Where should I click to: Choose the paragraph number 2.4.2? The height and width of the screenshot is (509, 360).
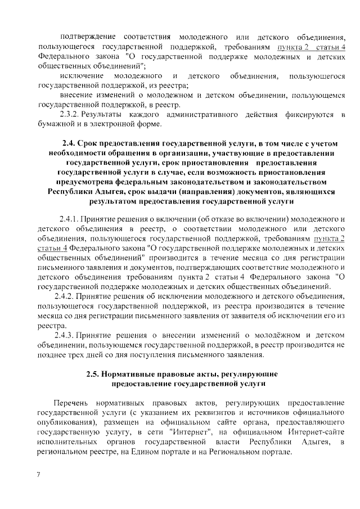tap(67, 296)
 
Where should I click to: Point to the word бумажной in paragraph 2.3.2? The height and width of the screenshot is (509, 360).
tap(56, 125)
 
